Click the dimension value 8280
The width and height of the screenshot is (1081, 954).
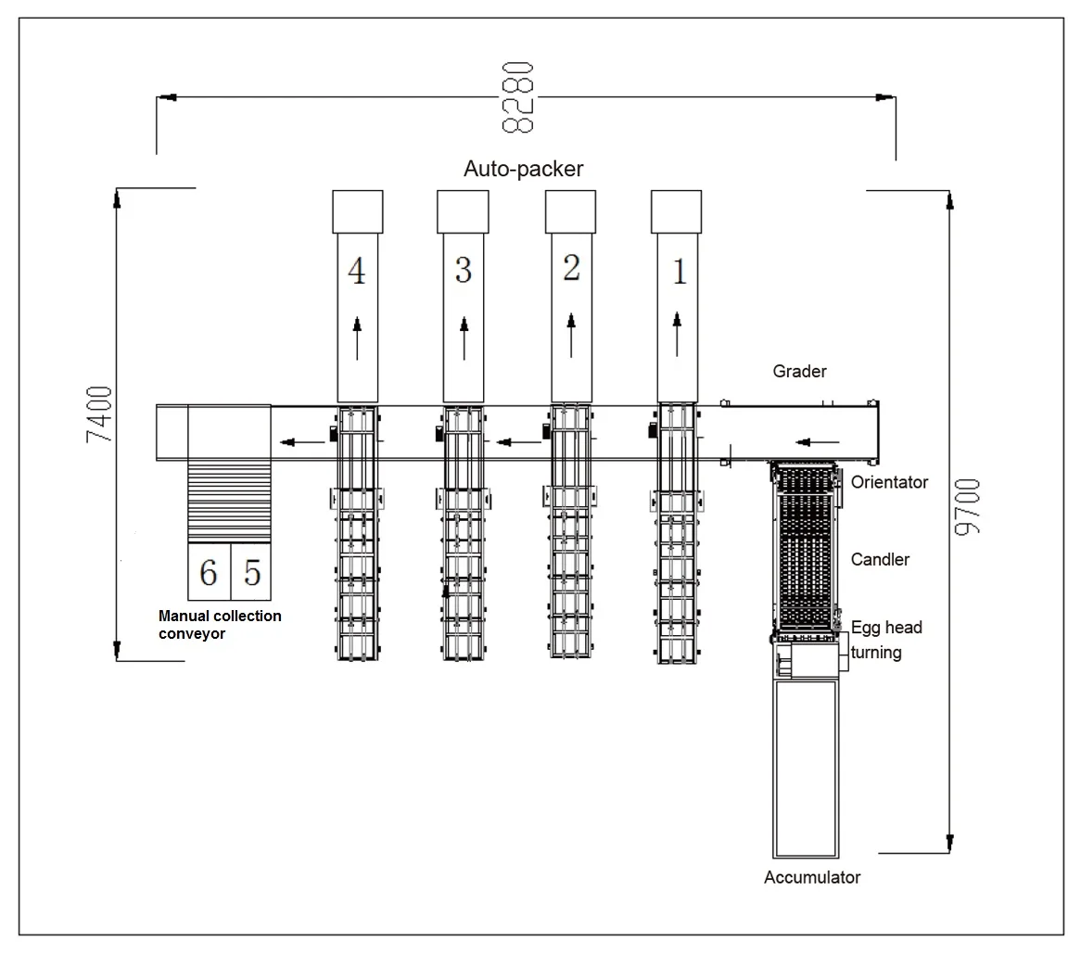[517, 96]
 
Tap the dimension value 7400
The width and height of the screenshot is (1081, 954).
[99, 414]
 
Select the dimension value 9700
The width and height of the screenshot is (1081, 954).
[967, 506]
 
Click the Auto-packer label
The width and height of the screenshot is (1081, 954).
[523, 168]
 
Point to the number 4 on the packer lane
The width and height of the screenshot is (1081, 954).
[356, 271]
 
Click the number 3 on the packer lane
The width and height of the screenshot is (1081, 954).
[464, 270]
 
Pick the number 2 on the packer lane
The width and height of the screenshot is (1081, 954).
[571, 267]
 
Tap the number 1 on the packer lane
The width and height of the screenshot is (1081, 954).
[679, 272]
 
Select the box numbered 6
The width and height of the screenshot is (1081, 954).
[209, 572]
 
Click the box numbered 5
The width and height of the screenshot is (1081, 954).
[251, 572]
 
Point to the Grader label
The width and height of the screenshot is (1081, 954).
[799, 371]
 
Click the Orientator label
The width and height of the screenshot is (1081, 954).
[889, 482]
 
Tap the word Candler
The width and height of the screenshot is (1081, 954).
[880, 559]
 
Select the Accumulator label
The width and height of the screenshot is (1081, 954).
[812, 877]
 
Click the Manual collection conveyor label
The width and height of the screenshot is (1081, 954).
[220, 625]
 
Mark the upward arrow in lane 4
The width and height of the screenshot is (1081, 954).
[357, 337]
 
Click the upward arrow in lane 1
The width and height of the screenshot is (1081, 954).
[677, 335]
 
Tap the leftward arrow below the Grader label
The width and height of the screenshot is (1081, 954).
[818, 442]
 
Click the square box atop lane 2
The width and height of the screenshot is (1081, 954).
[570, 211]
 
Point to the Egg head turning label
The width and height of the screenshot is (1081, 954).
[886, 640]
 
